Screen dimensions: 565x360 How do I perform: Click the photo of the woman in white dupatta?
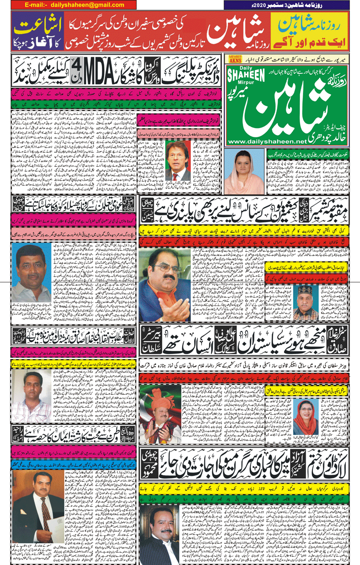(x=242, y=171)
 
